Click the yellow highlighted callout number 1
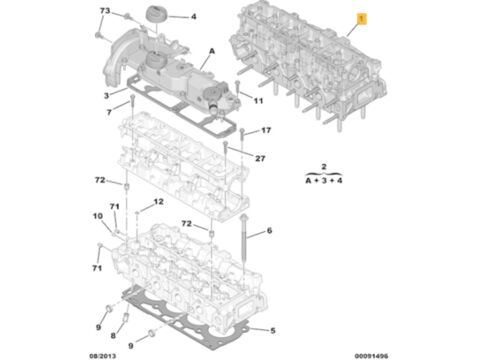361,19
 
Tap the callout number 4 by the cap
194,16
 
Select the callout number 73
105,11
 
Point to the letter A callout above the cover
212,51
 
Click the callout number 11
259,100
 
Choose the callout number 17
266,130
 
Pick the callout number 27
260,158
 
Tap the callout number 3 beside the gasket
106,96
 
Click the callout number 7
109,112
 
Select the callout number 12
159,202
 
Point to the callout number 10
98,216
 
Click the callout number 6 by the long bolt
269,230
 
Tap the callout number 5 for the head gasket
273,331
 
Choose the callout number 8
113,335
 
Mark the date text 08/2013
103,356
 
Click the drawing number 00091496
371,356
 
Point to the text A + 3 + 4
324,180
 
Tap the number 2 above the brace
324,166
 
